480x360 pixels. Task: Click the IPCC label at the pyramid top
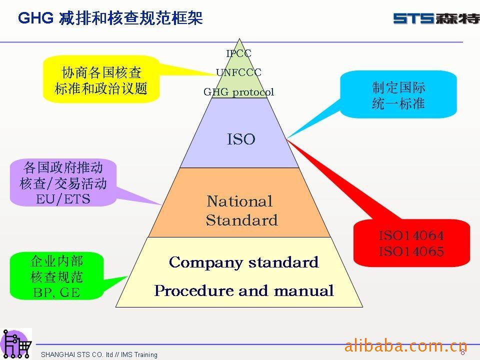point(239,53)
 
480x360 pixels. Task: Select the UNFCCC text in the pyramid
point(238,72)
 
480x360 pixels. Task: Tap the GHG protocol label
point(238,92)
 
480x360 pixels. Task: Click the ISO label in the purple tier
point(241,139)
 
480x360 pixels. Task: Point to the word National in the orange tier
point(239,201)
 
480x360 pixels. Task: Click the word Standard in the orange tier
point(242,220)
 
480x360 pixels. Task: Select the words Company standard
point(243,262)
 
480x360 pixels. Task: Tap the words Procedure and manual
point(243,290)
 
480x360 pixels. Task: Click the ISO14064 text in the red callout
point(411,235)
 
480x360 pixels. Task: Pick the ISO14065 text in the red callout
point(411,251)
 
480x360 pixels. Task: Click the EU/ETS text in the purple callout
point(63,199)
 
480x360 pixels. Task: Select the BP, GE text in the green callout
point(56,292)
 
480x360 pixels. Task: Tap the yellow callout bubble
point(101,79)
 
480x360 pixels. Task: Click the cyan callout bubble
point(398,94)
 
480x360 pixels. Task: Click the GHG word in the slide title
point(36,18)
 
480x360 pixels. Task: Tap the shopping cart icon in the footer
point(16,344)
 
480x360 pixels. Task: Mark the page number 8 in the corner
point(462,352)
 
